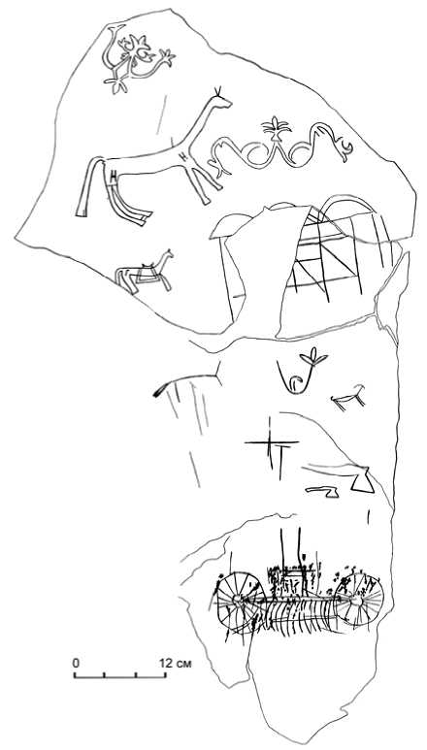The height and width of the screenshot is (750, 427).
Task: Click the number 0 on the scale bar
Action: coord(76,663)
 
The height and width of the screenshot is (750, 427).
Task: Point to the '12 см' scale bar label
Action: coord(176,663)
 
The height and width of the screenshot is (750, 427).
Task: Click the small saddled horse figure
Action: coord(145,271)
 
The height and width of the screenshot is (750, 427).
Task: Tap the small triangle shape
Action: coord(362,480)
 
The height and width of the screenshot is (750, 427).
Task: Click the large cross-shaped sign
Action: coord(271,442)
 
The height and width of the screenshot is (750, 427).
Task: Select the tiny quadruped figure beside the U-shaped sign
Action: coord(349,397)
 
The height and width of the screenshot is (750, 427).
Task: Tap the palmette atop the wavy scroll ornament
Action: coord(277,128)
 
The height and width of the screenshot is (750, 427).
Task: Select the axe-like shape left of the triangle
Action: coord(323,491)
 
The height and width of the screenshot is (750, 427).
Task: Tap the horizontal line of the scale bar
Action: coord(120,677)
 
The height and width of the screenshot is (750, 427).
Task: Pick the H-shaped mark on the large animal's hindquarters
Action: coord(114,177)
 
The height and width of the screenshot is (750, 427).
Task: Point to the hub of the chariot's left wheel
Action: coord(236,599)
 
